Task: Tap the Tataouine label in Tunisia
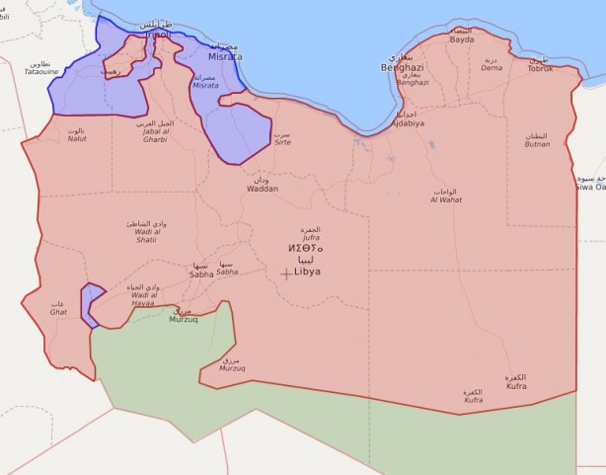coord(42,71)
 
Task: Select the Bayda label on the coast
coord(462,40)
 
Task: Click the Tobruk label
coord(540,68)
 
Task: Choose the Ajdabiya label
coord(407,123)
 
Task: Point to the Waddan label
coord(263,188)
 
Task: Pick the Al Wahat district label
coord(445,199)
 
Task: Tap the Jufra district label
coord(310,238)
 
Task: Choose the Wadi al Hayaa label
coord(143,295)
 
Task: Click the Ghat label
coord(58,311)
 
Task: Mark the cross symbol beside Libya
coord(286,274)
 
